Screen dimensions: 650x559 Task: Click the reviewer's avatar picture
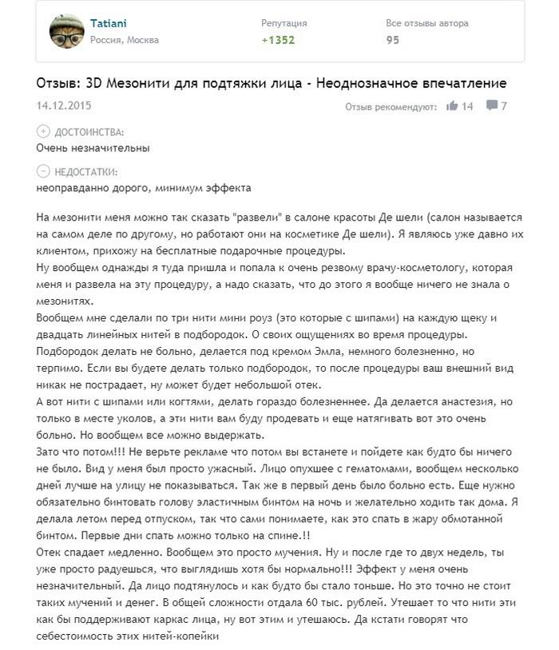(67, 31)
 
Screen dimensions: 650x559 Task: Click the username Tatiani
(107, 23)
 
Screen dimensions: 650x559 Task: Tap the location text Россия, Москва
(125, 40)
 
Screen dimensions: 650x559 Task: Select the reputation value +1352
(278, 40)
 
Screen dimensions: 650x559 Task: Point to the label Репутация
(283, 23)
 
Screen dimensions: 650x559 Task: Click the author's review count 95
(393, 40)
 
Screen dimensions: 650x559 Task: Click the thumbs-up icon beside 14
(452, 106)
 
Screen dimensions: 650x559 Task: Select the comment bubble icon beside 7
(491, 106)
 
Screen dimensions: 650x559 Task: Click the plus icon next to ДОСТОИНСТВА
(42, 131)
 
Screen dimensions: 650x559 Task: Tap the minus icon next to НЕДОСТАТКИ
(42, 171)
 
